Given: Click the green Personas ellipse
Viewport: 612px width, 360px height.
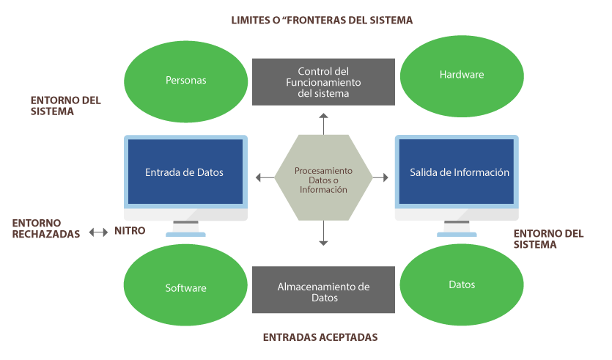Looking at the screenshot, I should [185, 81].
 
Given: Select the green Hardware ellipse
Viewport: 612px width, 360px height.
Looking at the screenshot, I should [462, 76].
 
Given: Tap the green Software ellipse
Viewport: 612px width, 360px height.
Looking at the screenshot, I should [185, 287].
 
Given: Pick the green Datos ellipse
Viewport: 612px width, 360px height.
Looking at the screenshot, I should [462, 284].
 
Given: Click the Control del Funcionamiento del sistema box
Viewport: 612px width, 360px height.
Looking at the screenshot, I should [323, 82].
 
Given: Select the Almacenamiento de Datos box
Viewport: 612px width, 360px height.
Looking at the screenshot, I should [323, 292].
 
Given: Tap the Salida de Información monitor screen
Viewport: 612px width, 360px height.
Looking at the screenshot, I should [459, 172].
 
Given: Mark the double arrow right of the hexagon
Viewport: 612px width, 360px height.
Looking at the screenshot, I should [380, 177].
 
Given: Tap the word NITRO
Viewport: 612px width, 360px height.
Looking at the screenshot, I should [130, 231].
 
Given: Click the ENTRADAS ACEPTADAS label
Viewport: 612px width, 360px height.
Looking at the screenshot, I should [320, 337].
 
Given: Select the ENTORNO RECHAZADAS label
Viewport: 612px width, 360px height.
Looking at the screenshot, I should [46, 229].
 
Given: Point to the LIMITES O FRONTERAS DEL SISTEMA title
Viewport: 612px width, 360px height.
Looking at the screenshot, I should [322, 21].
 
